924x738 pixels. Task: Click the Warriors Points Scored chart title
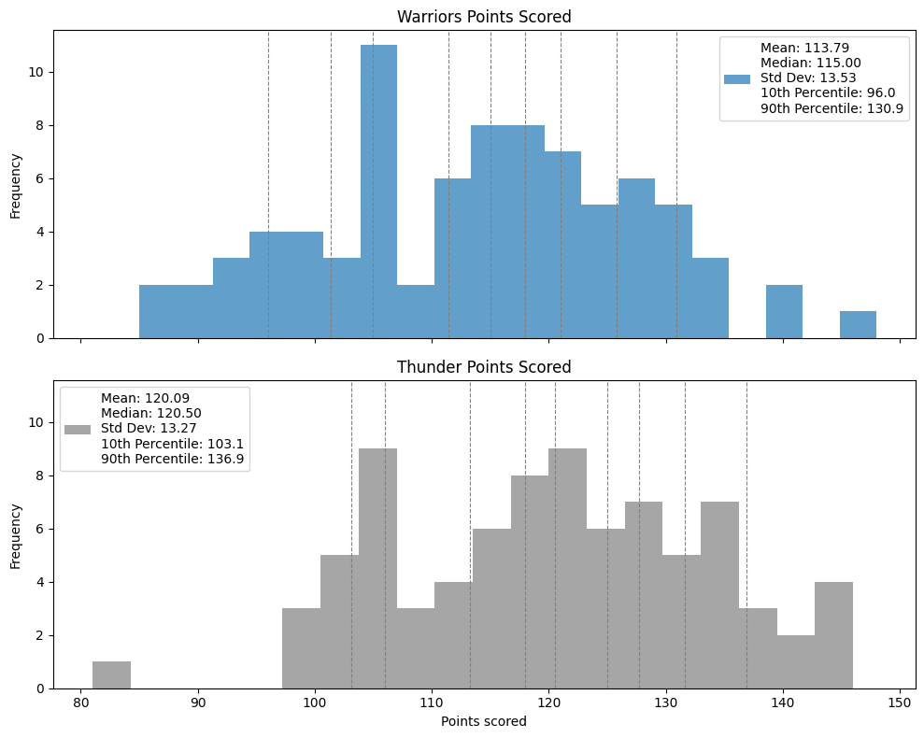click(x=484, y=17)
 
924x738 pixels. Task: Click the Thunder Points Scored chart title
click(x=484, y=367)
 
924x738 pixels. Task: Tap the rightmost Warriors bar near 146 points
click(x=858, y=324)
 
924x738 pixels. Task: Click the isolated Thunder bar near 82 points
click(x=112, y=674)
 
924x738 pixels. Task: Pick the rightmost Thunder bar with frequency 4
click(x=833, y=635)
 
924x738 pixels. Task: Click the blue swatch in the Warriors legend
click(x=736, y=78)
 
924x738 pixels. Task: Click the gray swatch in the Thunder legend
click(x=78, y=429)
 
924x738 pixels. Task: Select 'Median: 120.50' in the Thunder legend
click(x=151, y=412)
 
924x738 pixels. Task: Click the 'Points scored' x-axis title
click(x=484, y=721)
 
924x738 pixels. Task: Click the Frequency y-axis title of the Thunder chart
click(x=15, y=535)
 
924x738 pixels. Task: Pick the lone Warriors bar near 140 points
click(x=784, y=311)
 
